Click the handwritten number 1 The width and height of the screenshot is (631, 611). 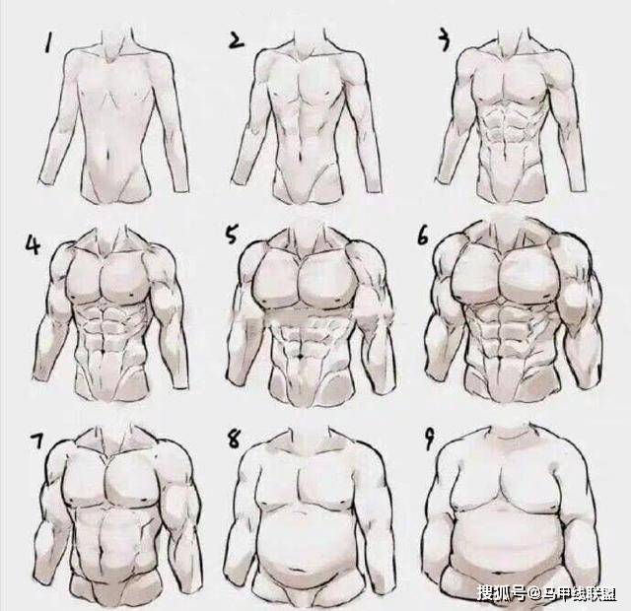[48, 43]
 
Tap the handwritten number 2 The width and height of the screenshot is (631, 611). [237, 41]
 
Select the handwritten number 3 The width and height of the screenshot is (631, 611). [444, 40]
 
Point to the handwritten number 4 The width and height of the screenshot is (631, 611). [33, 244]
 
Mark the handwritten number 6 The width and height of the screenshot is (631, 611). [423, 235]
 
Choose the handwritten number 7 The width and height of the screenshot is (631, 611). [38, 441]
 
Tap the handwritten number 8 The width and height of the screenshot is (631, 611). [234, 439]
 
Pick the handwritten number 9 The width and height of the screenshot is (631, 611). [430, 439]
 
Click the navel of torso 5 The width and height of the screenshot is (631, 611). [301, 357]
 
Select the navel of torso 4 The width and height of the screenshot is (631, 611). [105, 352]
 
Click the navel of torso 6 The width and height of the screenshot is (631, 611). [500, 357]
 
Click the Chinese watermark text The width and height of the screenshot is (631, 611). [547, 592]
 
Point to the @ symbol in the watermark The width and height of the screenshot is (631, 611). [533, 593]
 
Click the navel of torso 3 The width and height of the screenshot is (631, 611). [504, 152]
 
